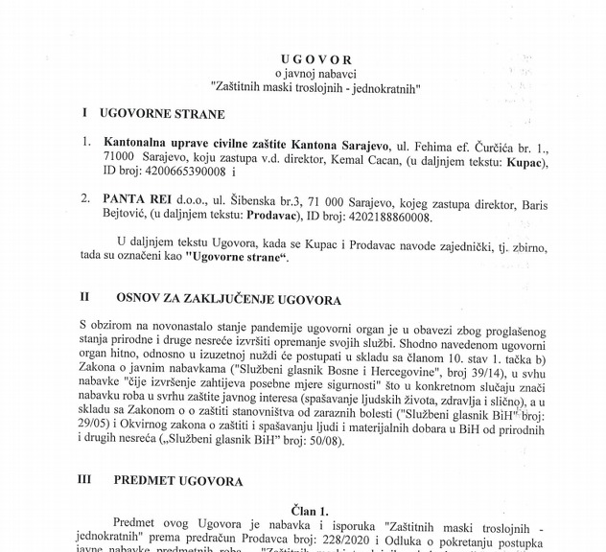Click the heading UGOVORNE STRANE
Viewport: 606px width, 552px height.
[154, 113]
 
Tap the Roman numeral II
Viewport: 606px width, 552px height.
[85, 300]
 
